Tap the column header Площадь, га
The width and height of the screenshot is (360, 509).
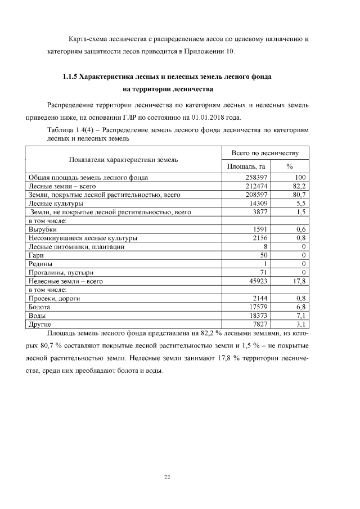pyautogui.click(x=246, y=166)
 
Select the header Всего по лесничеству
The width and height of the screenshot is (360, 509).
pyautogui.click(x=265, y=152)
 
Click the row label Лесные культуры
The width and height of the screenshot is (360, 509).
pyautogui.click(x=56, y=203)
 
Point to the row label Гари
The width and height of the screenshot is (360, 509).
pyautogui.click(x=37, y=255)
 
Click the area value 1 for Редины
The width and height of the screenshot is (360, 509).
pyautogui.click(x=264, y=263)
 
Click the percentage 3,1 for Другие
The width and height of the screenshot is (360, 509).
pyautogui.click(x=300, y=324)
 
